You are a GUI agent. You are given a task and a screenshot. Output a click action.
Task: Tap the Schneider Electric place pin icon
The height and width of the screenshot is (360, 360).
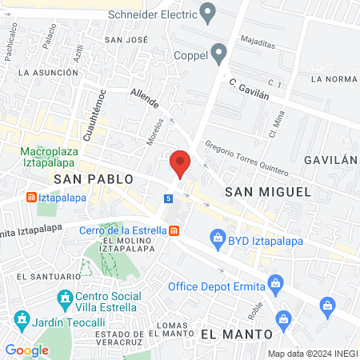coord(209,12)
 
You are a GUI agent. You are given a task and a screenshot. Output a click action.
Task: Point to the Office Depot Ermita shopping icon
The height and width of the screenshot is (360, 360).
coord(276,282)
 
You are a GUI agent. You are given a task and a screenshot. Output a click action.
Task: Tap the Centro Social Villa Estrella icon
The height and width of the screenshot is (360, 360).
coord(66,301)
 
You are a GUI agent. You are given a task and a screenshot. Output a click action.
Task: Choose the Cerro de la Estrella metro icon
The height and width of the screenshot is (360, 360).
coord(174,231)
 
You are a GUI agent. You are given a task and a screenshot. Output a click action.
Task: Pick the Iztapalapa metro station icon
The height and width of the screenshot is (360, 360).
coord(31,197)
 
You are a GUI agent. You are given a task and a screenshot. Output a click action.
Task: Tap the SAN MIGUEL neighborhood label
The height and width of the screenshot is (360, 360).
coord(267,191)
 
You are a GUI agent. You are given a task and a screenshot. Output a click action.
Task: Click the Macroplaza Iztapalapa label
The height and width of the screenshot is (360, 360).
coord(60,155)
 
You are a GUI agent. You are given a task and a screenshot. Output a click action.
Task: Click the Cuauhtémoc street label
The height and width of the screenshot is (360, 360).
coord(92,118)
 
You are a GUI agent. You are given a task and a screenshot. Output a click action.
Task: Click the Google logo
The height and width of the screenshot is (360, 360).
coord(27,350)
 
